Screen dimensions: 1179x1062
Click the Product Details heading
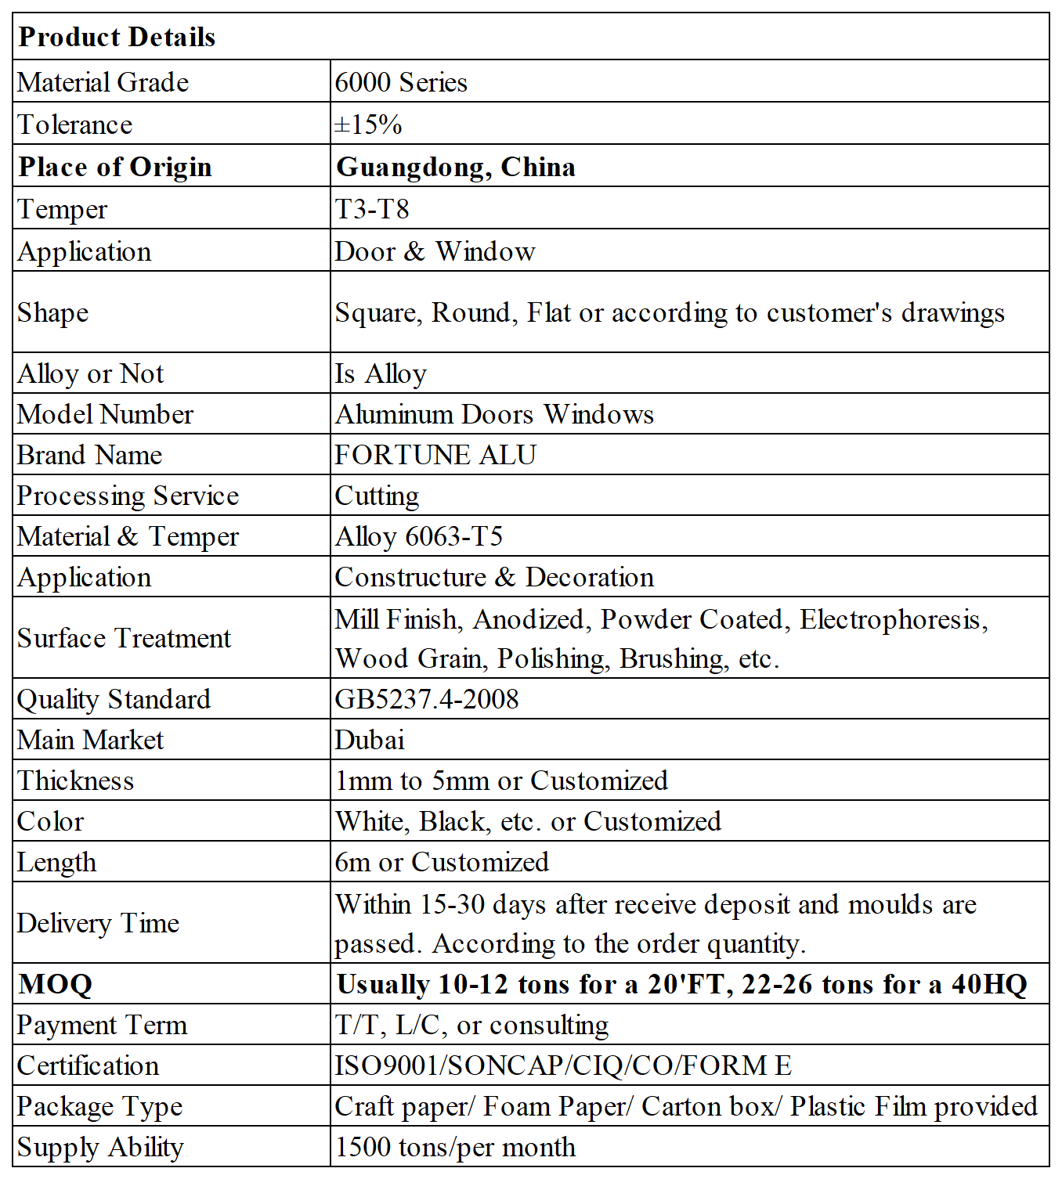(x=117, y=37)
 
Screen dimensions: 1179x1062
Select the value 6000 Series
(x=401, y=82)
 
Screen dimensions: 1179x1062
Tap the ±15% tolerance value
(x=368, y=124)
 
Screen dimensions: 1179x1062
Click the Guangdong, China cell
(x=456, y=167)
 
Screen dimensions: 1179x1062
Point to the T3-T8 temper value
(x=372, y=209)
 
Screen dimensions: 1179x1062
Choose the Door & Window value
(x=435, y=251)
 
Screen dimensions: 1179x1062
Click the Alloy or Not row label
(x=91, y=373)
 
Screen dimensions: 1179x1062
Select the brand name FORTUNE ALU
(x=435, y=455)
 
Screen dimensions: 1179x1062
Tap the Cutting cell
(x=377, y=496)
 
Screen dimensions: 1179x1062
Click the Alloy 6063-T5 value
(x=419, y=536)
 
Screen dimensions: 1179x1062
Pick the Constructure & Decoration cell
(x=494, y=577)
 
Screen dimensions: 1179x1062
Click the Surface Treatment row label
(x=124, y=638)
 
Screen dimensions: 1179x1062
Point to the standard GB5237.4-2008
(x=427, y=699)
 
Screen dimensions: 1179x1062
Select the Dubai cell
(x=370, y=740)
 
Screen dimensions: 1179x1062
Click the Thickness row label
(x=76, y=781)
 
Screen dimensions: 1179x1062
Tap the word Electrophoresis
(x=890, y=619)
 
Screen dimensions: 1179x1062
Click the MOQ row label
(x=56, y=984)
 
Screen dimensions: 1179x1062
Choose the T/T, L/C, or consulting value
(x=471, y=1025)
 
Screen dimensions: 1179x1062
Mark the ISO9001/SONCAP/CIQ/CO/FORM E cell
(x=563, y=1065)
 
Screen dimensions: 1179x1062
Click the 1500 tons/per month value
(x=455, y=1147)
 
